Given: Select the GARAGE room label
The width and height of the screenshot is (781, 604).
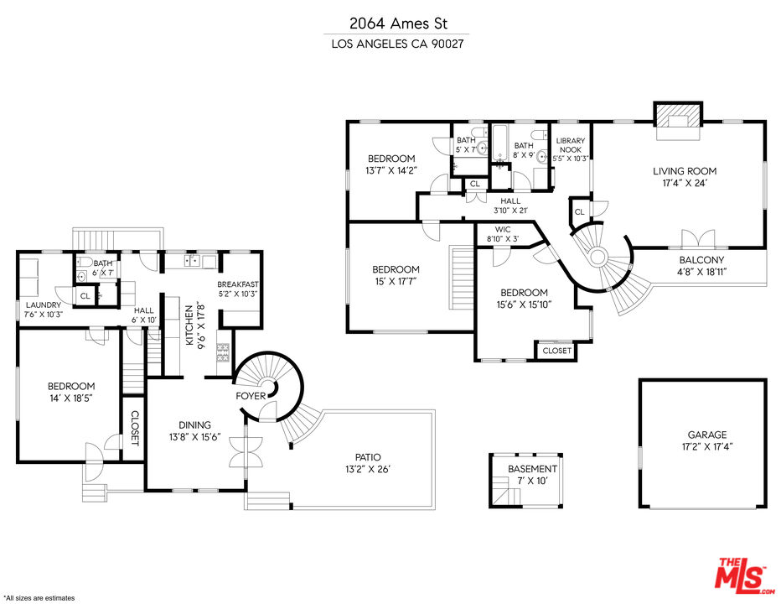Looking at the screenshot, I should click(707, 435).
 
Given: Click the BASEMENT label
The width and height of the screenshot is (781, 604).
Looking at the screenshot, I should click(532, 469).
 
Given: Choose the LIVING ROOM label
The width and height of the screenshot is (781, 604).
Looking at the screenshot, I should click(685, 171).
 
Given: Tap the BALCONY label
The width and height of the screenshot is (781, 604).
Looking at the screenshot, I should click(701, 260).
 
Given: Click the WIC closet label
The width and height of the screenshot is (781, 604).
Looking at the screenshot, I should click(503, 229).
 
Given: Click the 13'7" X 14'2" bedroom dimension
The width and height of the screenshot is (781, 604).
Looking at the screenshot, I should click(390, 170).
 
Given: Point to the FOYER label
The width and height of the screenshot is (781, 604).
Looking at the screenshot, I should click(251, 395).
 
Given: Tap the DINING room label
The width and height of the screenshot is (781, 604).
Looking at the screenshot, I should click(194, 425).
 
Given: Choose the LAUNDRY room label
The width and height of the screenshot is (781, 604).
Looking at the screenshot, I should click(43, 305).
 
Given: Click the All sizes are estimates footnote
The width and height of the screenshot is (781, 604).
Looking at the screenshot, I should click(39, 598).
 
